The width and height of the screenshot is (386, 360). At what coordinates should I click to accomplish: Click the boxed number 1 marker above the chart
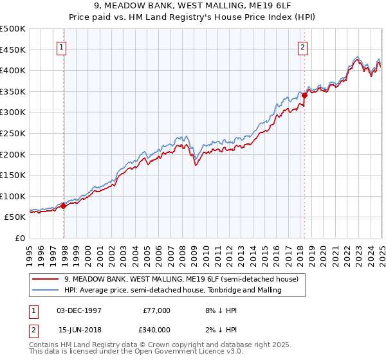[62, 46]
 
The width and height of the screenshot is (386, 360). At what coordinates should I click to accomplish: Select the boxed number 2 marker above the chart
[302, 46]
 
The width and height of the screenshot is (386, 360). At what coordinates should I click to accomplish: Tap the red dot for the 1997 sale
[64, 206]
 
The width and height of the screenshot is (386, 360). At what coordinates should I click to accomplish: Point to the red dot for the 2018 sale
[304, 95]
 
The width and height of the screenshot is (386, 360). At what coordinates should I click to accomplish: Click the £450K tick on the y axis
[13, 50]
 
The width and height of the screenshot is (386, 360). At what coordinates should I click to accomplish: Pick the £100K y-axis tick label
[13, 196]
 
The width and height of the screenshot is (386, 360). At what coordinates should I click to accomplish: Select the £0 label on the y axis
[19, 238]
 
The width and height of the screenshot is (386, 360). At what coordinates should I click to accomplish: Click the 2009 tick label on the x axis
[194, 253]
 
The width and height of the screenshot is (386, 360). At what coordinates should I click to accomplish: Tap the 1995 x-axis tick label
[30, 253]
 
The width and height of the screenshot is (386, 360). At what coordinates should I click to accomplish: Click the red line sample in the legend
[46, 280]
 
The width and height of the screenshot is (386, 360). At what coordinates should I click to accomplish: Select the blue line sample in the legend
[46, 290]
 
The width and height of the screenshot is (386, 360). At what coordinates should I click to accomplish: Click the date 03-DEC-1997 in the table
[78, 310]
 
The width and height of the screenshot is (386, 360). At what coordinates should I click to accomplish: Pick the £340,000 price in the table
[157, 330]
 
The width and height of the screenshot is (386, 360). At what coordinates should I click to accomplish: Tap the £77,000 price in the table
[157, 310]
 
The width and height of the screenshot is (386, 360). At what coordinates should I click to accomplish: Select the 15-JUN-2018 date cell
[78, 330]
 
